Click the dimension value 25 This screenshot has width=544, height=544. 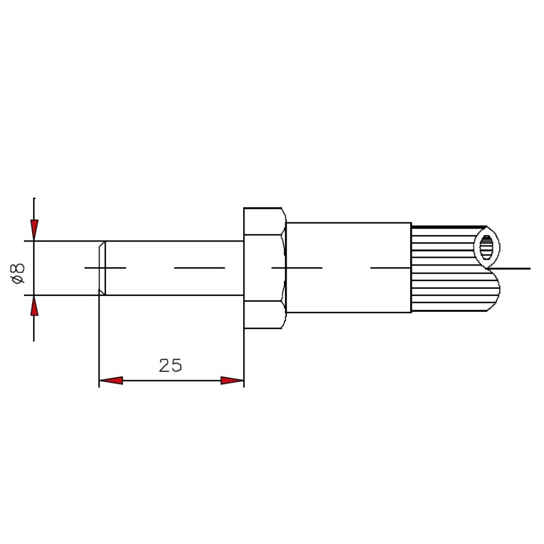170,366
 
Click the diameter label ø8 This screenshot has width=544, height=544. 18,274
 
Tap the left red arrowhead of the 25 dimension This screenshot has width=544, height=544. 111,381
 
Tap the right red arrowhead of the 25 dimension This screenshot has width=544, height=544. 232,381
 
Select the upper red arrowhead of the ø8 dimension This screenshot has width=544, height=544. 34,230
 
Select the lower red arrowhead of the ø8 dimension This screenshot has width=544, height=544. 34,306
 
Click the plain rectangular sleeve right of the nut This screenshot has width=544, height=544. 349,268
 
